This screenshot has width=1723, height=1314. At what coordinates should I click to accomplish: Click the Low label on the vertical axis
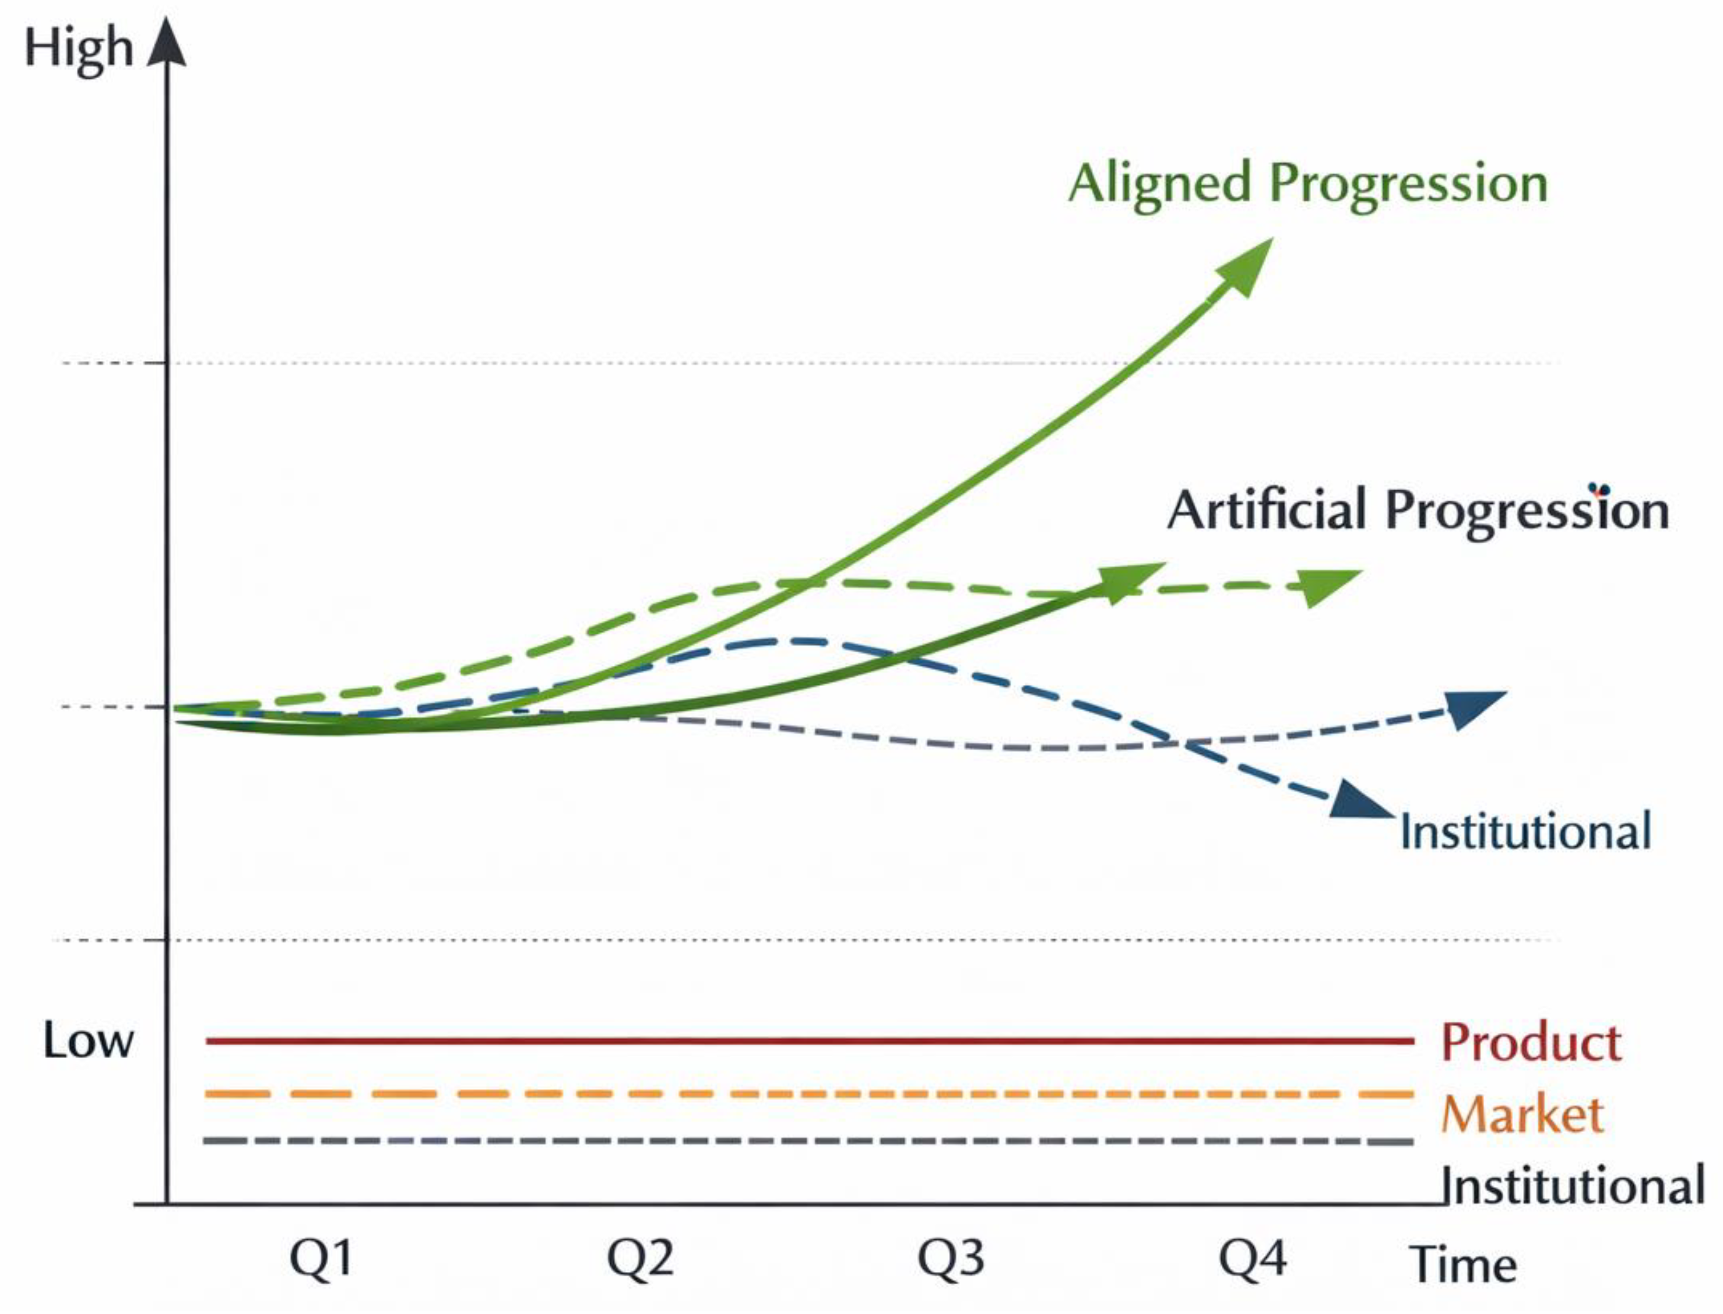coord(87,1042)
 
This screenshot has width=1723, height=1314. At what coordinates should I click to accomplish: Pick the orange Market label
coord(1522,1114)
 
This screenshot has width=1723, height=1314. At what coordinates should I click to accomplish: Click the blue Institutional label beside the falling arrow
coord(1525,831)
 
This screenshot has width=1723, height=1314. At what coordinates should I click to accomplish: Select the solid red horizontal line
coord(782,1041)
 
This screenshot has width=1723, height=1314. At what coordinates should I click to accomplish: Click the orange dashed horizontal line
coord(782,1094)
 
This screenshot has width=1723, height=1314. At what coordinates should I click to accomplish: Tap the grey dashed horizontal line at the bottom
coord(782,1141)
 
